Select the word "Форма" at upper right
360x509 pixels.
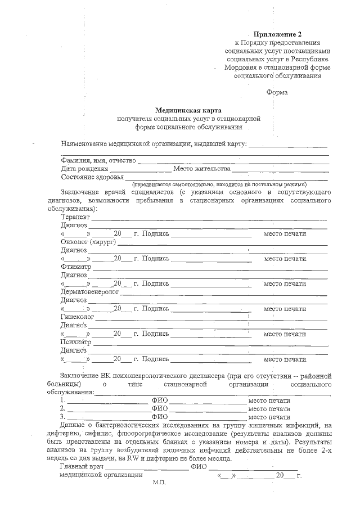point(277,92)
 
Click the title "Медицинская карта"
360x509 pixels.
point(188,110)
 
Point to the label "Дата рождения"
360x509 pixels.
point(84,169)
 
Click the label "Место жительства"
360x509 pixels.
point(202,169)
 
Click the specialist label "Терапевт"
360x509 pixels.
point(76,217)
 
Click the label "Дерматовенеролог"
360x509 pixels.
point(89,292)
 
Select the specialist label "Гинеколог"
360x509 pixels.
point(76,317)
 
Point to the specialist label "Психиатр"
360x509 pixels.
point(75,342)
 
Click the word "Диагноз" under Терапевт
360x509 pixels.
point(74,225)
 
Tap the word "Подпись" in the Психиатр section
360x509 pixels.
point(155,359)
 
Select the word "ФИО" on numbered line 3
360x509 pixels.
point(160,417)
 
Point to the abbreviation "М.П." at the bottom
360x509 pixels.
point(159,483)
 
